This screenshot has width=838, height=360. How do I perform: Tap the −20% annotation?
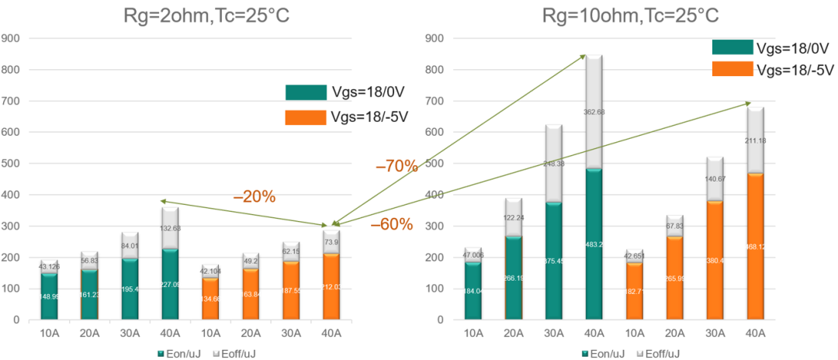pyautogui.click(x=255, y=196)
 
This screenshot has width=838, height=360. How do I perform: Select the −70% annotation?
pyautogui.click(x=396, y=165)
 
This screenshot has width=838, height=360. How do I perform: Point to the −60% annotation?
pyautogui.click(x=391, y=225)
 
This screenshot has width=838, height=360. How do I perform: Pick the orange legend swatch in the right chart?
pyautogui.click(x=732, y=68)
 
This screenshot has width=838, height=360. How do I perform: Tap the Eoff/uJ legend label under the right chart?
pyautogui.click(x=661, y=353)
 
